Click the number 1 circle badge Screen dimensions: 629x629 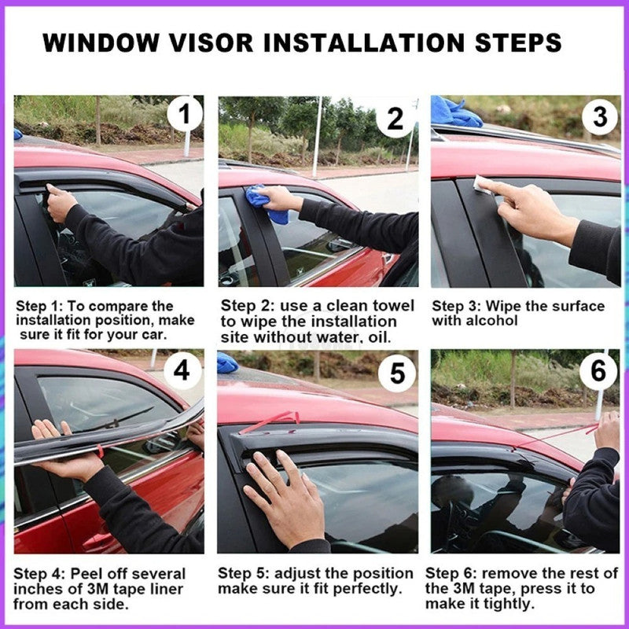[184, 116]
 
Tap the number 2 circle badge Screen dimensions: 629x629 [395, 118]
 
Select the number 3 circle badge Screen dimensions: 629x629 [600, 117]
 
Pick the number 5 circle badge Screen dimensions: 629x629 [397, 373]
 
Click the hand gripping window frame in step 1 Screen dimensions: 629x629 [61, 202]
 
